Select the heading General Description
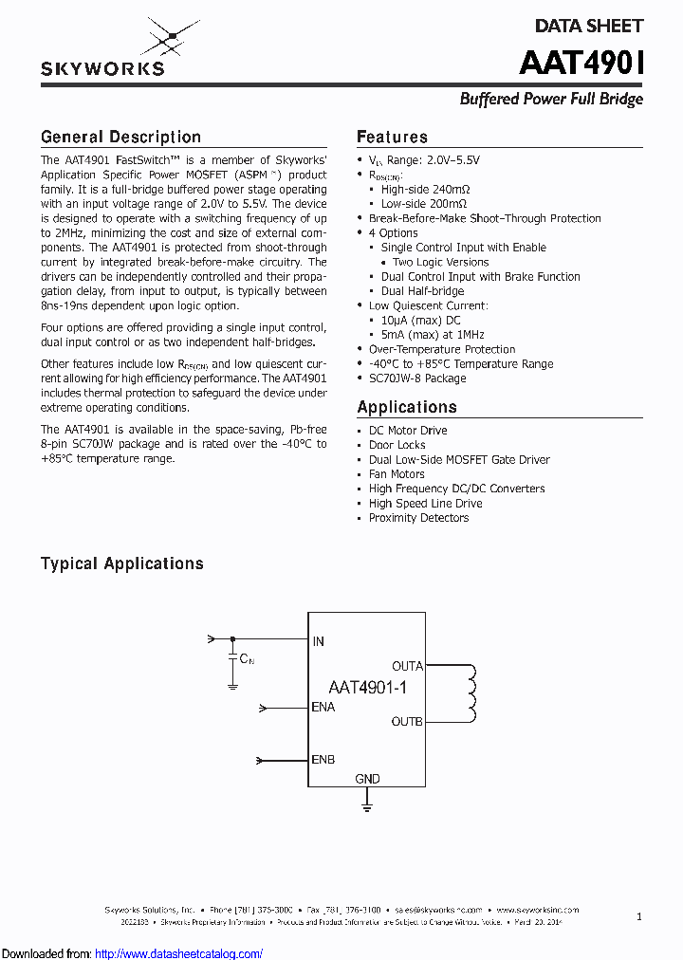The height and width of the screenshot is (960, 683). [x=120, y=138]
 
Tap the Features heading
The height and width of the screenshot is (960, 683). [x=392, y=138]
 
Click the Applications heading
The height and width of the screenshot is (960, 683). [x=407, y=408]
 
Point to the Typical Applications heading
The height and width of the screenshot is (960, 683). [x=121, y=563]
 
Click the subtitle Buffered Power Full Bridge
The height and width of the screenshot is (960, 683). [x=551, y=100]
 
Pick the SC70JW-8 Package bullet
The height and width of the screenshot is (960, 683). [x=417, y=378]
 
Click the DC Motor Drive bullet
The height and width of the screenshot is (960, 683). [x=408, y=431]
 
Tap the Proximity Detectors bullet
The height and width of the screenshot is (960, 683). [x=418, y=518]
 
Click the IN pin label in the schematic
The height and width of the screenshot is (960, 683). [x=319, y=642]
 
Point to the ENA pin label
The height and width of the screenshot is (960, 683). [x=323, y=708]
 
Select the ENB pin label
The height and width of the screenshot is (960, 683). [x=323, y=760]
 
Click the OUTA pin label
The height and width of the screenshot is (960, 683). [x=407, y=666]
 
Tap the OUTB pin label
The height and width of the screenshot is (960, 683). [x=407, y=722]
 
